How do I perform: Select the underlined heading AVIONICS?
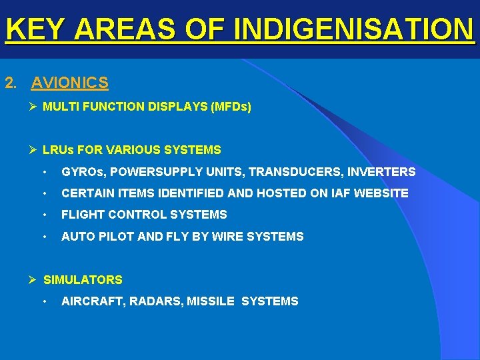click(69, 83)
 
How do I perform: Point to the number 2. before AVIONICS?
click(11, 83)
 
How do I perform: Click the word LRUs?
click(58, 150)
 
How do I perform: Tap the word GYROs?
click(83, 172)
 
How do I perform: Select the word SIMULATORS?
click(83, 280)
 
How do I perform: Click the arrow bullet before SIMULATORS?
click(33, 280)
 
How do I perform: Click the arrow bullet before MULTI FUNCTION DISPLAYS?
click(33, 107)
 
